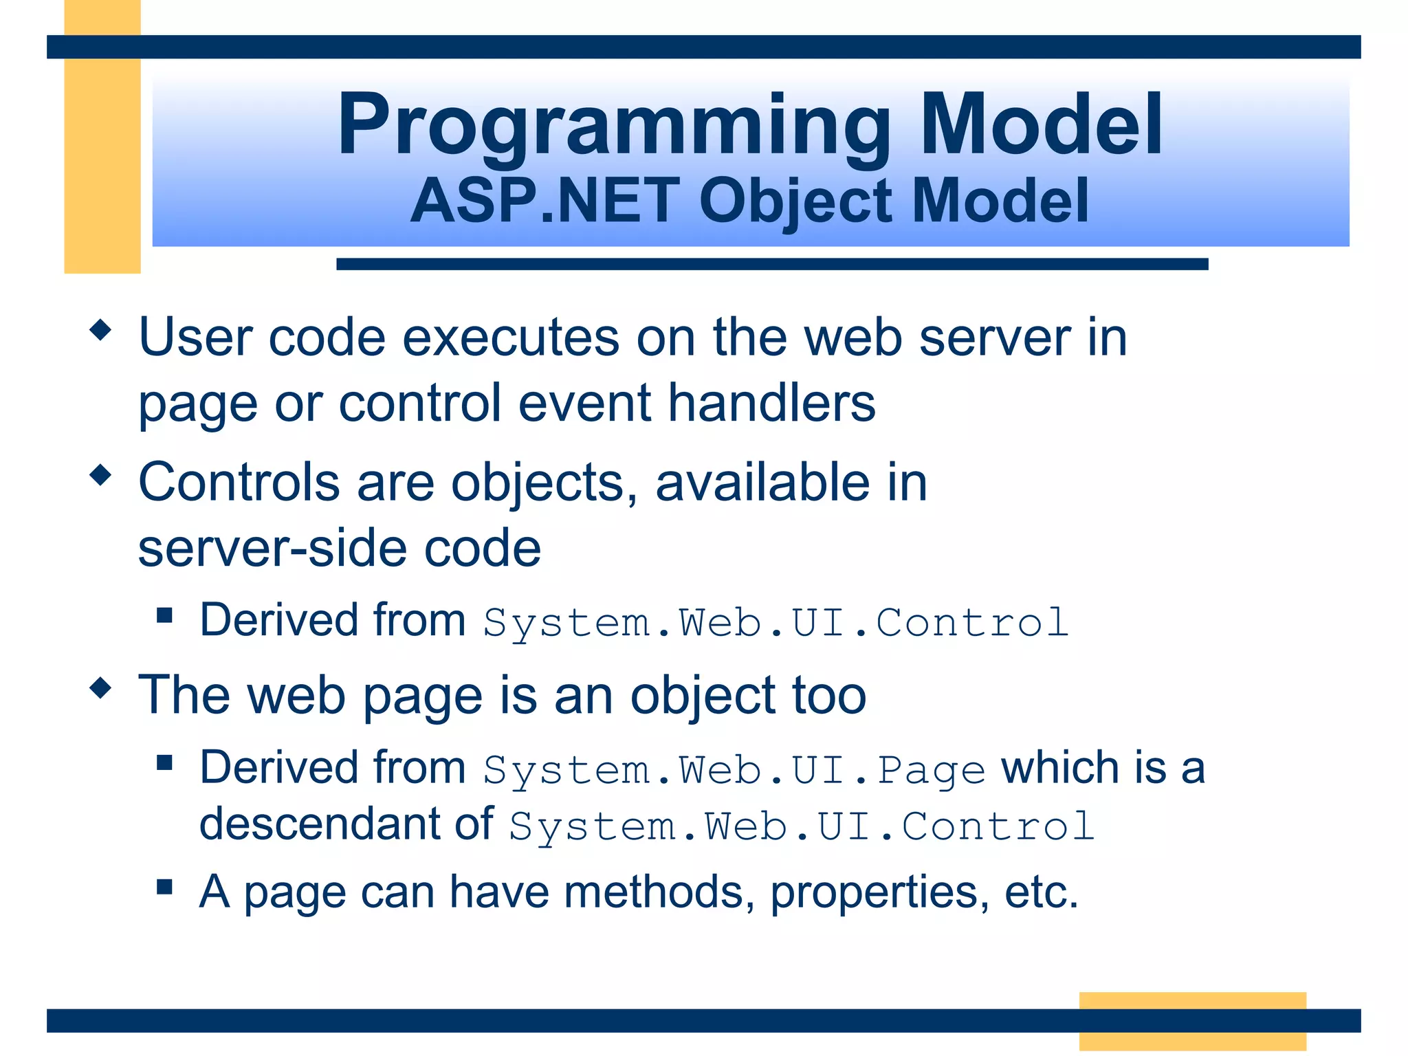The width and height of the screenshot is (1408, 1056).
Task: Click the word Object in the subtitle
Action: click(x=796, y=201)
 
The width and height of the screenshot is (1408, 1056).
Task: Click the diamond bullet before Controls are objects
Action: click(x=100, y=474)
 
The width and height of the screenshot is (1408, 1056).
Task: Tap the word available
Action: click(x=762, y=482)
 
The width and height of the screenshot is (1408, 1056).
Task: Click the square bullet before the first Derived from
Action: click(x=164, y=614)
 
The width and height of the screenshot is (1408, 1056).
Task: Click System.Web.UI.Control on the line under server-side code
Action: click(x=775, y=623)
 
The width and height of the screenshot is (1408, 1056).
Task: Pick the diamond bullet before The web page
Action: click(x=100, y=687)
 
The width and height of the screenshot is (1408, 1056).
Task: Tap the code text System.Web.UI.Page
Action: click(x=734, y=770)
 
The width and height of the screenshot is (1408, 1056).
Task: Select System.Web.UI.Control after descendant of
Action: click(x=802, y=826)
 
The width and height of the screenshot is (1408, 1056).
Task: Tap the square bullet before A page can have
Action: click(x=164, y=885)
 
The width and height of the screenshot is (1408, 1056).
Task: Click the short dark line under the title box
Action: click(x=771, y=264)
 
